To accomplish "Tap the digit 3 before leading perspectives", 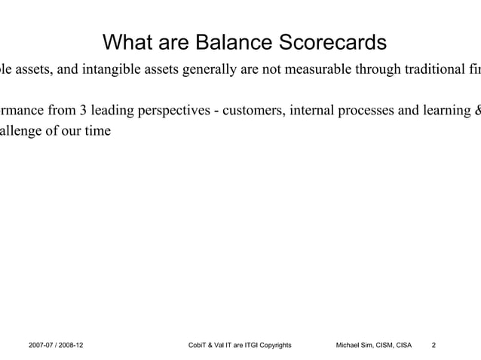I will click(81, 114).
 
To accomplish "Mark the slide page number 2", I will click(433, 346).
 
